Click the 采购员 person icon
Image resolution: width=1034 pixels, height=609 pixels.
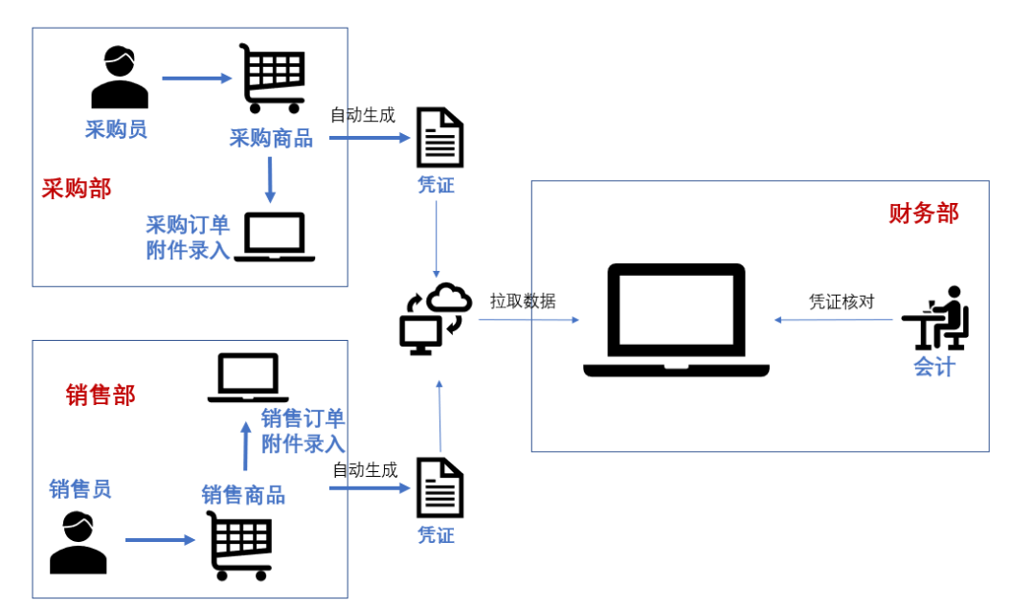pos(120,79)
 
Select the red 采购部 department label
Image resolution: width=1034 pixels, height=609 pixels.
pos(77,189)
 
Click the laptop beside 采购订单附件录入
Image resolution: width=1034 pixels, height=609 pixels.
pos(275,237)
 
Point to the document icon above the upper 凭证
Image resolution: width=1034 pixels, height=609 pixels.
pos(439,138)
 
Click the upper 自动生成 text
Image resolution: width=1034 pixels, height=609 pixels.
pos(363,116)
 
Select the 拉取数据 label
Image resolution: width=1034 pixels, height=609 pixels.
pos(523,301)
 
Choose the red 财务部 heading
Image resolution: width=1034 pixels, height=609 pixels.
pos(924,213)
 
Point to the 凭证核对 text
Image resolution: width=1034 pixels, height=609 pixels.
pos(843,302)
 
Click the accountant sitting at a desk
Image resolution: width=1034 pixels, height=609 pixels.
pos(935,318)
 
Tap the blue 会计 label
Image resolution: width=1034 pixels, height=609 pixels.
pos(934,367)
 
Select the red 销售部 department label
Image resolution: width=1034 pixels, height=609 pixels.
pos(101,395)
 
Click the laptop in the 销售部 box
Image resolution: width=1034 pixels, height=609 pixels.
pos(249,377)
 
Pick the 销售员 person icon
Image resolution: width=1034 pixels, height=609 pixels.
pos(79,542)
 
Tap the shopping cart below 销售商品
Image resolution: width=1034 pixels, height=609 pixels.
pos(240,544)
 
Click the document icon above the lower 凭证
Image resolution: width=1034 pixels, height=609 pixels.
pos(439,487)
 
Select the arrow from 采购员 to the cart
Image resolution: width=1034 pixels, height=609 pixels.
pos(197,79)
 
